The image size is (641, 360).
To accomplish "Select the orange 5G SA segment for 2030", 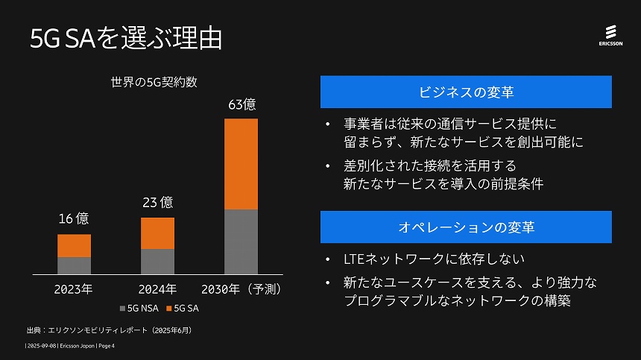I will coord(241,164).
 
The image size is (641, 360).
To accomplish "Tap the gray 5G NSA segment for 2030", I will coord(241,241).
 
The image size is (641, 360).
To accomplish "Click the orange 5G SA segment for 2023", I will coord(74,246).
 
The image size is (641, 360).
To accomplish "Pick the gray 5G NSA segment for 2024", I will coord(157,262).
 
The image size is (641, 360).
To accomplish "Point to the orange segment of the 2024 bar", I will coord(157,233).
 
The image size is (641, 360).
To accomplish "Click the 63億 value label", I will coord(241,104).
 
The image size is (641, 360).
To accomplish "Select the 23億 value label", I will coord(157,202).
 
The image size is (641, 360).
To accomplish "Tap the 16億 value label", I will coord(74,218).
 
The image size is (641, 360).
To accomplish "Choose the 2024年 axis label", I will coord(157,288).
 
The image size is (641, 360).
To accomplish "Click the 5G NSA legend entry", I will coord(139,307).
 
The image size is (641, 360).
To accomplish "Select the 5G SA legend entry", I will coord(183,307).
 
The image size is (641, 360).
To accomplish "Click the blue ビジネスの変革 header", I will coord(466,92).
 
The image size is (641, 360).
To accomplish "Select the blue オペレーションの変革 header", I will coord(466,227).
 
